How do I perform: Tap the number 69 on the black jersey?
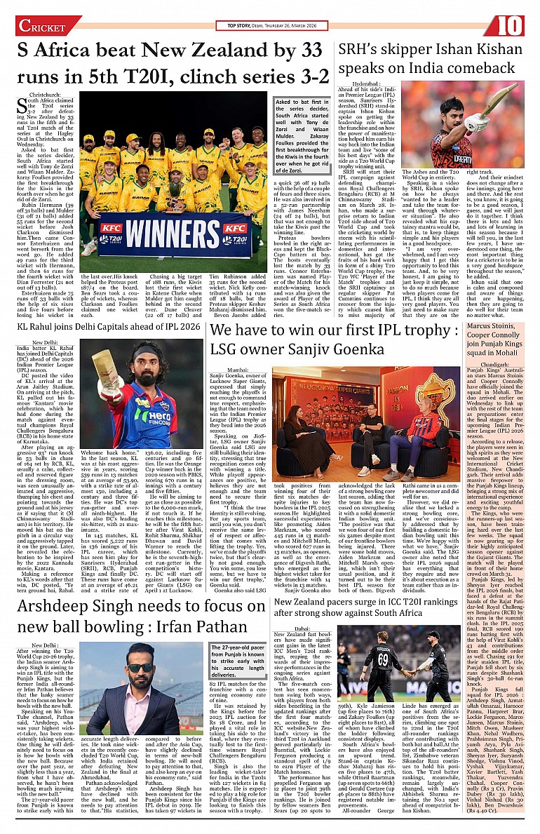click(382, 660)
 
